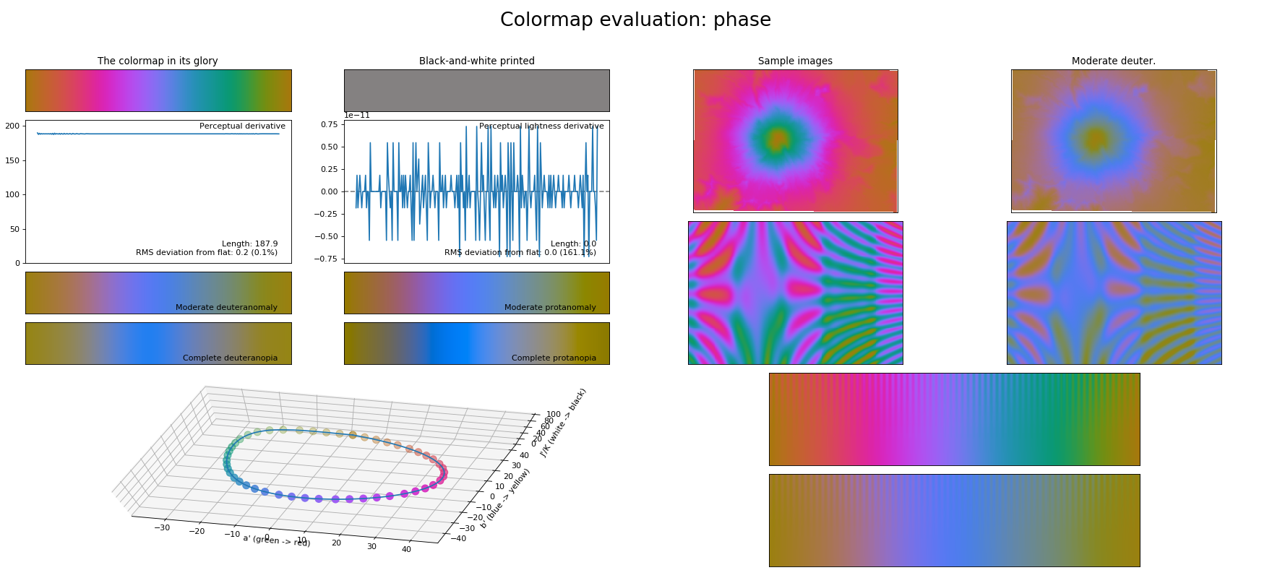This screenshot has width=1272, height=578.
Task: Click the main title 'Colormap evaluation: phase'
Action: (635, 20)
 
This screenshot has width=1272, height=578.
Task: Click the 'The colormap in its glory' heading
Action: (158, 61)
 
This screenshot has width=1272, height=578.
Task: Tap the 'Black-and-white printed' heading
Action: (476, 61)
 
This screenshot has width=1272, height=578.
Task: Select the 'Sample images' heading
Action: (795, 61)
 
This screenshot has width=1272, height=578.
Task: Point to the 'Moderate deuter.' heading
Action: (1113, 61)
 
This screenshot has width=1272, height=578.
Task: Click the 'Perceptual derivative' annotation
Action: (242, 126)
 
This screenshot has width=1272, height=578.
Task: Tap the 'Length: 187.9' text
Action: (249, 244)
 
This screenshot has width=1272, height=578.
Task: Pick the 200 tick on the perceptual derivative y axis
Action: (12, 126)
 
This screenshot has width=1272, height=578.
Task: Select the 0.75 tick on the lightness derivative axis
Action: (329, 125)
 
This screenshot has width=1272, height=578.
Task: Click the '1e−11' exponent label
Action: (356, 116)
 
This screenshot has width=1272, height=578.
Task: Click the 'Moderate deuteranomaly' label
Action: (226, 308)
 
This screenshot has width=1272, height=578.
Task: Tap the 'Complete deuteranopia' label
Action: (230, 358)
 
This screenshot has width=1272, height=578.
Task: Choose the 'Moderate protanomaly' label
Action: (550, 308)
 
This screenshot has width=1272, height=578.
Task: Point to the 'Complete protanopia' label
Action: (554, 358)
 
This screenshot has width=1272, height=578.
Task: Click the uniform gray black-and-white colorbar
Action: (476, 90)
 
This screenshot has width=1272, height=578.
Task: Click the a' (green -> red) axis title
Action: (276, 540)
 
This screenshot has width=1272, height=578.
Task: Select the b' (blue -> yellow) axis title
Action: (505, 499)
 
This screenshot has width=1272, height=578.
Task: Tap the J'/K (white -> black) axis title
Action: (563, 423)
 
